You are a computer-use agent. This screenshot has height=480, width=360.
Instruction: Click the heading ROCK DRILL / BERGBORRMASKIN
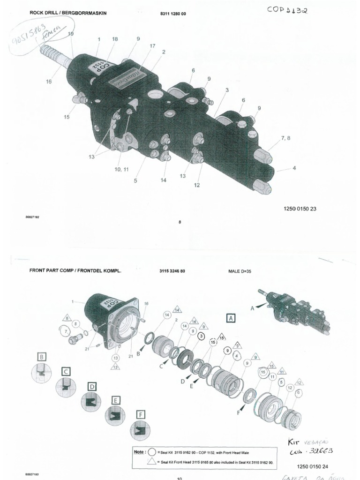click(x=68, y=13)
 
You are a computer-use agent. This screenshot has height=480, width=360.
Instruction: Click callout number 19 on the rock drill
click(x=71, y=34)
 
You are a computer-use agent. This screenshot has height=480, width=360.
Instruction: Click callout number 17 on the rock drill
click(x=152, y=45)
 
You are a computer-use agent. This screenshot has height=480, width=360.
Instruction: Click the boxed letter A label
click(x=231, y=318)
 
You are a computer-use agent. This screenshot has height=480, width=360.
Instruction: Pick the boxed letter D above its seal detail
click(x=92, y=386)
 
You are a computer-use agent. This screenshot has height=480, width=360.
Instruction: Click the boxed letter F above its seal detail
click(x=140, y=414)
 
